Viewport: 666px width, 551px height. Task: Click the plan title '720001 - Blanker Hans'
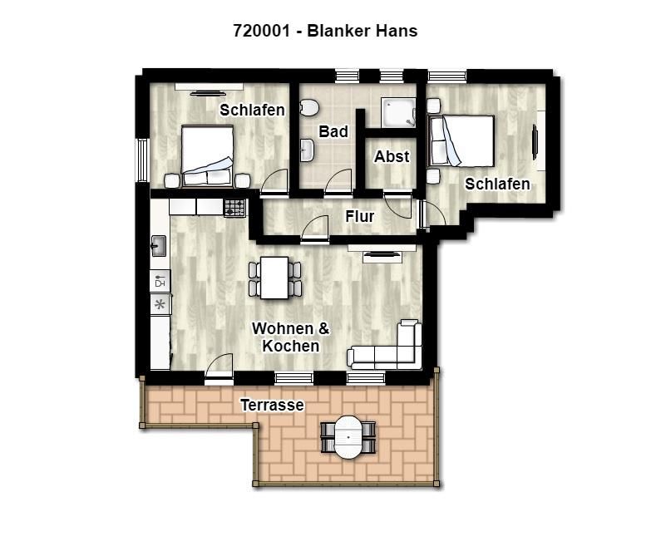(325, 31)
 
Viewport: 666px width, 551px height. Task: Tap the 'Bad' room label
(333, 131)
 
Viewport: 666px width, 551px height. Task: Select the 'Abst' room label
(392, 156)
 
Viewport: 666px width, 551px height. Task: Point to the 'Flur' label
(360, 217)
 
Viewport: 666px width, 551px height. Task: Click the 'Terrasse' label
(272, 405)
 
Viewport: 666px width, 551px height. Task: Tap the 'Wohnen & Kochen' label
(290, 337)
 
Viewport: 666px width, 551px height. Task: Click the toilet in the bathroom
(308, 107)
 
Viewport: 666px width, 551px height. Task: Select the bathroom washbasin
(307, 150)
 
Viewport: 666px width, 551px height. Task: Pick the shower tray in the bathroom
(398, 112)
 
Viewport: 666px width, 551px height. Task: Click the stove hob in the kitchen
(234, 208)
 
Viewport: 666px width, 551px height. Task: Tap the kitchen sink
(159, 246)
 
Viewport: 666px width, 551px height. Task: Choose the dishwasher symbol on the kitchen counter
(160, 281)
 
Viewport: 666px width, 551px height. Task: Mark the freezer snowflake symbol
(160, 304)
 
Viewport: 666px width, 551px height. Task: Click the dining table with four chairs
(275, 278)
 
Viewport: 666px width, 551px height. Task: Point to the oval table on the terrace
(348, 437)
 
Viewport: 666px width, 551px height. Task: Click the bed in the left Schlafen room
(207, 155)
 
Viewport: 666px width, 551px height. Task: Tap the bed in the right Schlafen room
(461, 140)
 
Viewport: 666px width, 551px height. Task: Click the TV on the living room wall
(382, 254)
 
